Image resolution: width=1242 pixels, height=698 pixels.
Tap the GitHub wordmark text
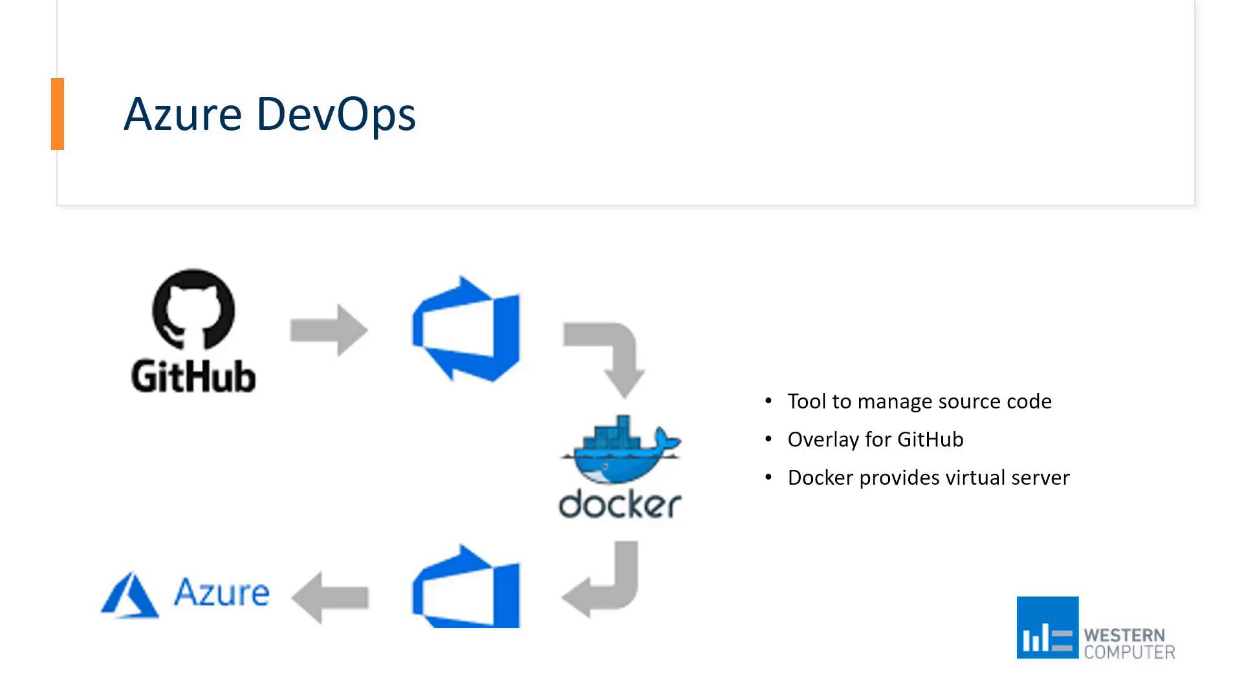point(193,376)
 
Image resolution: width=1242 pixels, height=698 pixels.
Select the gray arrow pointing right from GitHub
point(329,330)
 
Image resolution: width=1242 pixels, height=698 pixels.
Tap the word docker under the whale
point(620,505)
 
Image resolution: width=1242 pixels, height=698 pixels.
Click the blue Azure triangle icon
point(130,595)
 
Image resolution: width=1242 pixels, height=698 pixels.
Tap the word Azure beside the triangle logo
point(222,592)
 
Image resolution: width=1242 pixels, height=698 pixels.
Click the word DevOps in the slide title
point(336,115)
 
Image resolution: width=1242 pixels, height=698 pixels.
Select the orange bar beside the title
point(58,114)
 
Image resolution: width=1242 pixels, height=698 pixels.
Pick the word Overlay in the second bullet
point(823,440)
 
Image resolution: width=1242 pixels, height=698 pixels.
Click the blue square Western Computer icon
point(1047,628)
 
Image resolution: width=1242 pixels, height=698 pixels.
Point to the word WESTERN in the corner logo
point(1124,635)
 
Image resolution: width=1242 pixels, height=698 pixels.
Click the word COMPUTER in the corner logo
point(1129,652)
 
